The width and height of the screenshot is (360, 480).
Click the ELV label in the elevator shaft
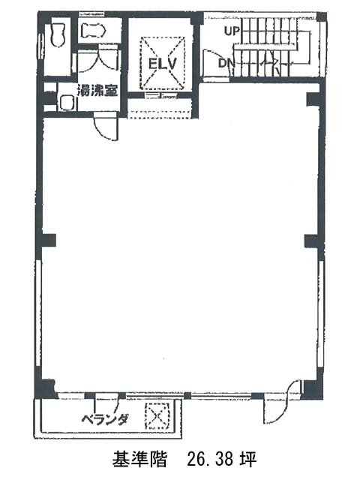[163, 64]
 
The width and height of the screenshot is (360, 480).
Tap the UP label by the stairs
[232, 31]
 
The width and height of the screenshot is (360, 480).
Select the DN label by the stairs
[226, 63]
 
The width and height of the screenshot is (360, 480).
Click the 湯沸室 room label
[97, 90]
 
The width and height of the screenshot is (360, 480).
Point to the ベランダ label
[104, 420]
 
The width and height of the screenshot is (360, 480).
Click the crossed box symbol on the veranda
[157, 415]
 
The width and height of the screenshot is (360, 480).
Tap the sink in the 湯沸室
[67, 103]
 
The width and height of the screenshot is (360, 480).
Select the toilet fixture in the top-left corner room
[58, 35]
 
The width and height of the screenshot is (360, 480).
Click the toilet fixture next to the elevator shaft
[93, 31]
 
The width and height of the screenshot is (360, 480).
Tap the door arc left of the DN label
[209, 63]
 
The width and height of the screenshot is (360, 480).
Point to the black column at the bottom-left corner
[46, 388]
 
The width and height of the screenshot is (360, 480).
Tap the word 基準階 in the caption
[139, 459]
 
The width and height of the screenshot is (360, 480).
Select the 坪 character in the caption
[249, 459]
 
